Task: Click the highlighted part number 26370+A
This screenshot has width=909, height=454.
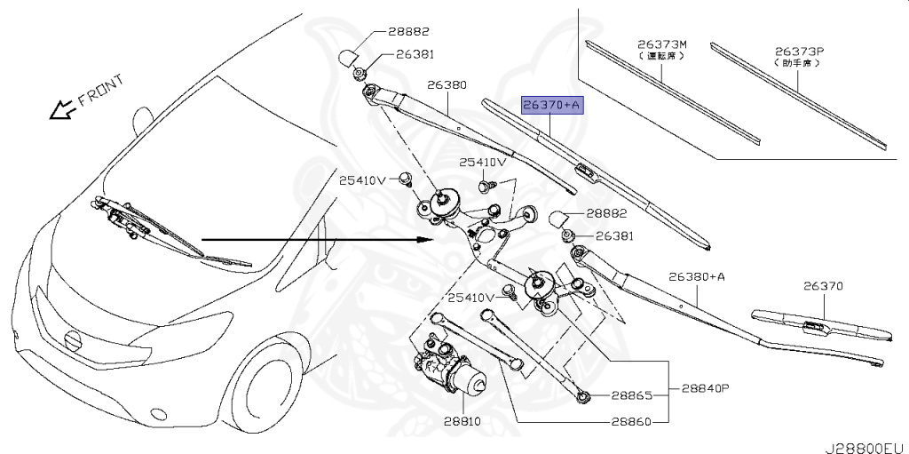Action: point(551,106)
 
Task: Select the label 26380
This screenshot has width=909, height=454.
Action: point(447,86)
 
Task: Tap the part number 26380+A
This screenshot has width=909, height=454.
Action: point(697,277)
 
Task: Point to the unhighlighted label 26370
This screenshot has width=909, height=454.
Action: point(824,286)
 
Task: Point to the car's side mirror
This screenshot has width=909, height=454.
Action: point(141,121)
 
